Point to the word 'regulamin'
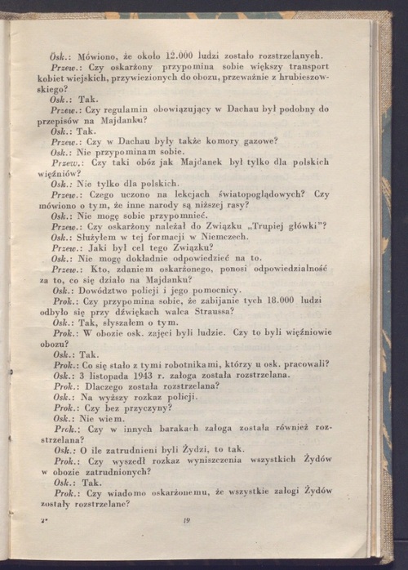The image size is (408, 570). pos(137,109)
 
